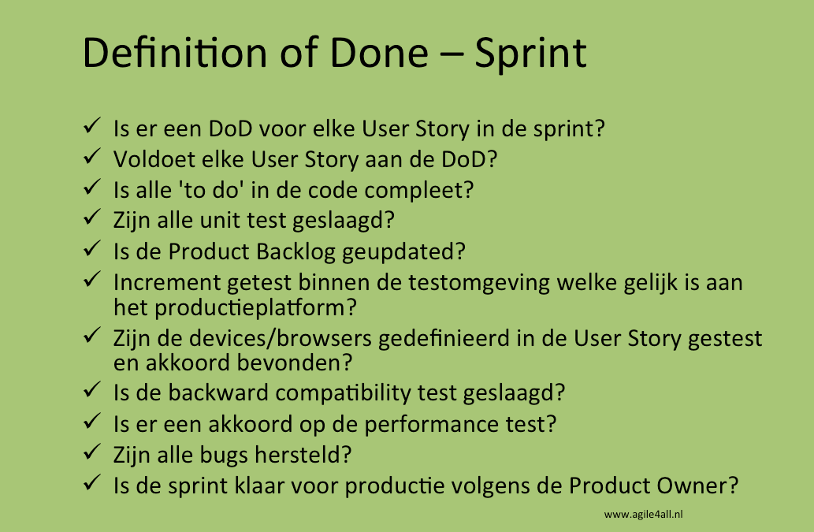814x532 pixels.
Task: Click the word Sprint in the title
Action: (530, 54)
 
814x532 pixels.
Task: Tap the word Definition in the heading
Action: (175, 53)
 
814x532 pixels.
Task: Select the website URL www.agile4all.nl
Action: (643, 515)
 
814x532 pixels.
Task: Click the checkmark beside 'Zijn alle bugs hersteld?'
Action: (92, 452)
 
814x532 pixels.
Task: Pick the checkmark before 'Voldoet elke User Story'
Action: (92, 156)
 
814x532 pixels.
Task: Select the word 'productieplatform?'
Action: (255, 308)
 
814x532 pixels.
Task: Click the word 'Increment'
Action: (167, 283)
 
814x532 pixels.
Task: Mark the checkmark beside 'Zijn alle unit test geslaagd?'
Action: (92, 217)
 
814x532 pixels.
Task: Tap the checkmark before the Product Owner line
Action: (92, 482)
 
